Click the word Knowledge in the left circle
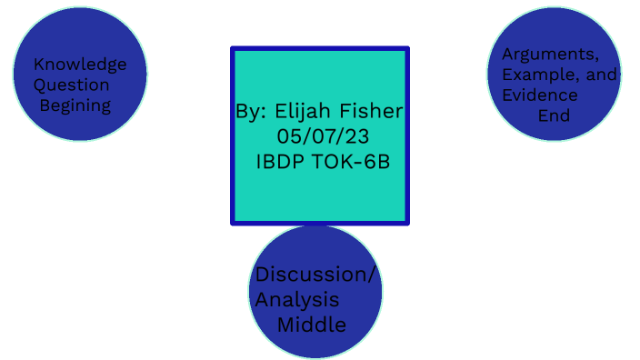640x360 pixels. tap(80, 64)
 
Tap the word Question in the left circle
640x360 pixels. tap(72, 85)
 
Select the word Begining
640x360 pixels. tap(75, 105)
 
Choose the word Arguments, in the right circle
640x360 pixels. tap(550, 54)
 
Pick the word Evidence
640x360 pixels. tap(540, 95)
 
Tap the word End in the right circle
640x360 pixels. tap(554, 115)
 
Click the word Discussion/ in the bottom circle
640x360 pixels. tap(315, 275)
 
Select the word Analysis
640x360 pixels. tap(297, 299)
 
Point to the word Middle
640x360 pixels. tap(312, 324)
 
